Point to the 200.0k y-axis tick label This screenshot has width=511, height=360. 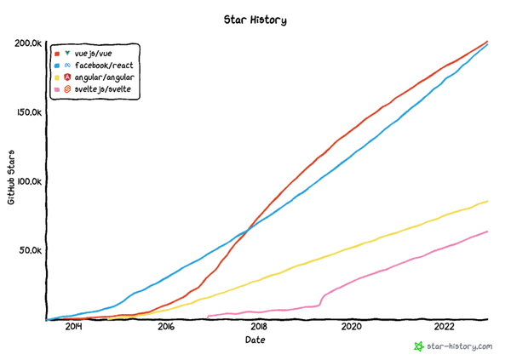[28, 43]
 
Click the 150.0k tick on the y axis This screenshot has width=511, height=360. [28, 112]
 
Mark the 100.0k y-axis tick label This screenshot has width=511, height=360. [28, 181]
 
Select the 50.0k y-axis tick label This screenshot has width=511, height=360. [31, 250]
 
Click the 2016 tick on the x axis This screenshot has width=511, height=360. [166, 326]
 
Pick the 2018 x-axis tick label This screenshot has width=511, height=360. [259, 326]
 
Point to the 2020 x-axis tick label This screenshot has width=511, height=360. [352, 326]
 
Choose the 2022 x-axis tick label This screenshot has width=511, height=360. [445, 326]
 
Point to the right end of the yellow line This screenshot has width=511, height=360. [488, 201]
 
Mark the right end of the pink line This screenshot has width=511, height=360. [488, 231]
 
